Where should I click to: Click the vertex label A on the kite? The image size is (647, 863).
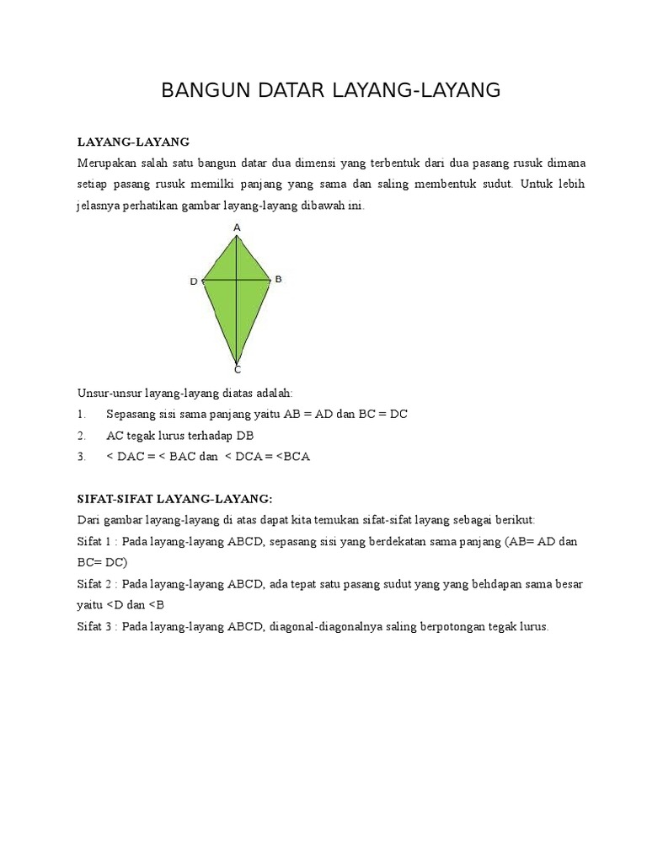click(237, 228)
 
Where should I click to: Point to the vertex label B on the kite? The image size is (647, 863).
click(278, 278)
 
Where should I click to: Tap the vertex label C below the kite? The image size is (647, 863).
click(238, 369)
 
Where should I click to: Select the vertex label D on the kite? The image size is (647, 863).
click(194, 281)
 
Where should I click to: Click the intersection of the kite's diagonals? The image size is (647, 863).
click(238, 279)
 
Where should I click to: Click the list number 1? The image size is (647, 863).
click(81, 415)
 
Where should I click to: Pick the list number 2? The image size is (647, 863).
click(81, 436)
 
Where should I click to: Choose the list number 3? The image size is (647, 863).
click(81, 457)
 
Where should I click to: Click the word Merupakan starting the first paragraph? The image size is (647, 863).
click(104, 163)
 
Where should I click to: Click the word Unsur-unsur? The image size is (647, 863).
click(110, 394)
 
